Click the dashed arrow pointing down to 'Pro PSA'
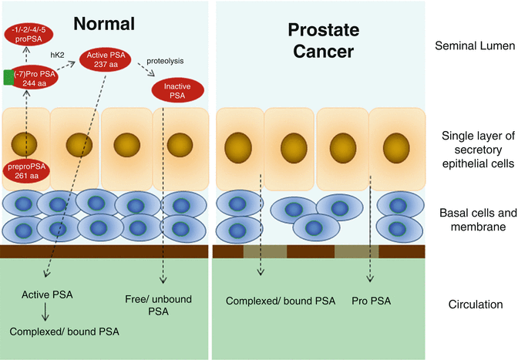click(372, 231)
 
